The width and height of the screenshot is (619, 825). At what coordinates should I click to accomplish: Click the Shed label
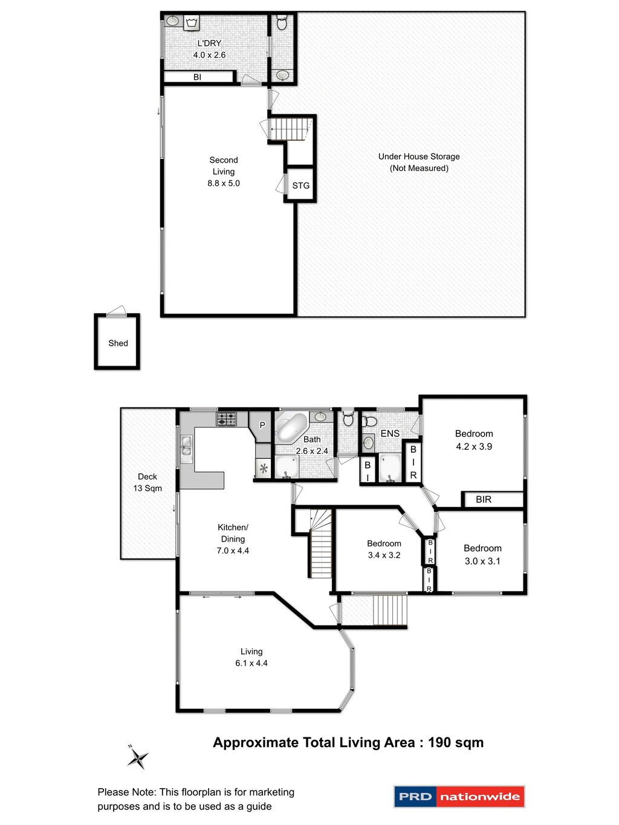click(118, 343)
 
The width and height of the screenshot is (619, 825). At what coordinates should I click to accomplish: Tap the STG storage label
click(300, 186)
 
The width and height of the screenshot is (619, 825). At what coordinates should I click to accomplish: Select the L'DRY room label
click(209, 44)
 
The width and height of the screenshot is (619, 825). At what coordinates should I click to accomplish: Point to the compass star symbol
click(138, 757)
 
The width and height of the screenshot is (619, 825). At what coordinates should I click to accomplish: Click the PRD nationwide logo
click(459, 797)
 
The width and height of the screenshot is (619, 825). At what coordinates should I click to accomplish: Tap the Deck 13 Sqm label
click(147, 482)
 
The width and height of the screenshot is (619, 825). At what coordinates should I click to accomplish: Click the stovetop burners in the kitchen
click(227, 418)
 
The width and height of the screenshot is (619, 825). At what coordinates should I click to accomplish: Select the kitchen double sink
click(186, 446)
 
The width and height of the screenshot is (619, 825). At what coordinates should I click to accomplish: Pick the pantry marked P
click(262, 425)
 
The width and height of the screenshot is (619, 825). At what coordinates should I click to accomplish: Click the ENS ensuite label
click(390, 433)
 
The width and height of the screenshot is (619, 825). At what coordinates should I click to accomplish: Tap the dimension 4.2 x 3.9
click(474, 447)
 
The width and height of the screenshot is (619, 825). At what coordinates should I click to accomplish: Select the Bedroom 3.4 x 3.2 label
click(384, 549)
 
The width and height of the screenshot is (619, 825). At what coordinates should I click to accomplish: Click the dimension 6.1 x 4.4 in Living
click(251, 663)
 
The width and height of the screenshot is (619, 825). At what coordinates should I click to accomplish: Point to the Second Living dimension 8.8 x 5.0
click(224, 183)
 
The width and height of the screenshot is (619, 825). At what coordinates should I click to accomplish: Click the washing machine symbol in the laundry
click(192, 23)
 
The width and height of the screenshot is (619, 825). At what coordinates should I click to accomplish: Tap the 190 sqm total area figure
click(456, 743)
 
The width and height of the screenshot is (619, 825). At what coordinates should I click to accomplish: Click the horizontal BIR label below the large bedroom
click(484, 500)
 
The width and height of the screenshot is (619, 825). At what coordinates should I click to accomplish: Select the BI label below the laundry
click(197, 77)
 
